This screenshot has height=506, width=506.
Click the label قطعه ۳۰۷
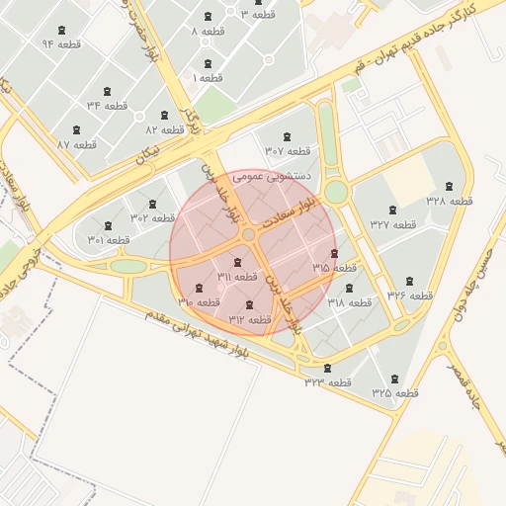click(x=287, y=151)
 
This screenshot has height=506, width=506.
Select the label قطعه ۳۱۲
click(x=249, y=319)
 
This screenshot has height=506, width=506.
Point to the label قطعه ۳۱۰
click(x=200, y=302)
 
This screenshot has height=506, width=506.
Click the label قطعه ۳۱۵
click(x=334, y=268)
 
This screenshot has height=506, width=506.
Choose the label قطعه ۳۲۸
click(x=449, y=201)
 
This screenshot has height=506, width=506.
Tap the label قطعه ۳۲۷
click(x=393, y=224)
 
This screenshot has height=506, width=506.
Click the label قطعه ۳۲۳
click(x=328, y=381)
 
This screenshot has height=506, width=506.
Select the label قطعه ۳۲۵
click(x=395, y=392)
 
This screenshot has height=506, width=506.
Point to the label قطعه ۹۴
click(x=61, y=44)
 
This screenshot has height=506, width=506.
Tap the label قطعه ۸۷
click(x=76, y=144)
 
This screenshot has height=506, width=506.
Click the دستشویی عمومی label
click(x=276, y=176)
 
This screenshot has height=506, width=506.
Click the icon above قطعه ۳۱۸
click(x=349, y=288)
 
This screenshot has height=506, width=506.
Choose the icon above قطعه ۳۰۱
click(x=109, y=225)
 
